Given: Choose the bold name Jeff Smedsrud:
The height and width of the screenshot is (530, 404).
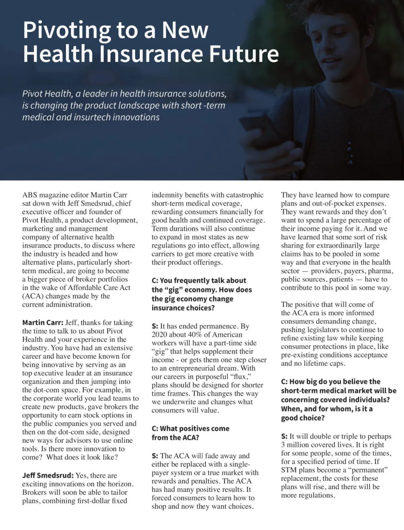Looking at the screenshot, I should point(47,475).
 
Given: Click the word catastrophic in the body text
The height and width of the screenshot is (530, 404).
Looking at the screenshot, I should point(245,195).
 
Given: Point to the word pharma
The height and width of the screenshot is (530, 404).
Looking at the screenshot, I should point(380,271).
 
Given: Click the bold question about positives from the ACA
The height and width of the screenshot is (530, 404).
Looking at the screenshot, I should point(190,433).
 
